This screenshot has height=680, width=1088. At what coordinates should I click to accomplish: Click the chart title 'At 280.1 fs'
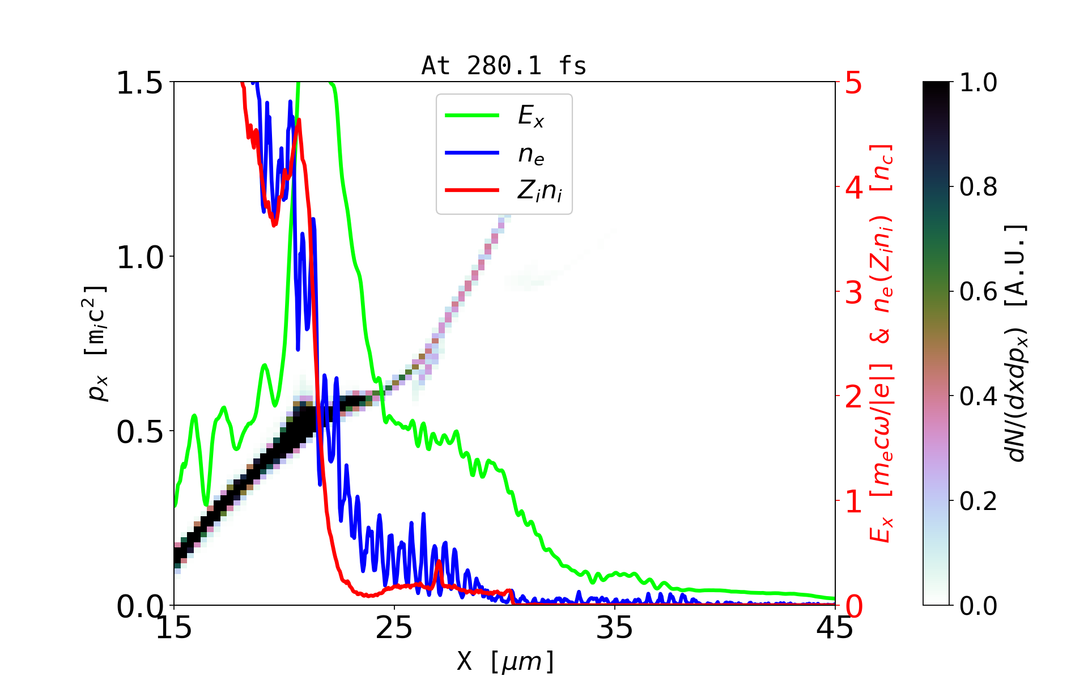point(504,66)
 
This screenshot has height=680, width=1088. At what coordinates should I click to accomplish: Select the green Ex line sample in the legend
point(472,116)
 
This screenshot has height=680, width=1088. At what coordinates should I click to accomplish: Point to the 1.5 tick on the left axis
point(139,83)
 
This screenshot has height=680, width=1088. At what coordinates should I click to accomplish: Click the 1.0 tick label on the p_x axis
point(139,258)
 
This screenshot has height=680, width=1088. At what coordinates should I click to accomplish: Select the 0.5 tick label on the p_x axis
point(139,432)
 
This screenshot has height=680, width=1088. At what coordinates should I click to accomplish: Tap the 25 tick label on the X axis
point(394,628)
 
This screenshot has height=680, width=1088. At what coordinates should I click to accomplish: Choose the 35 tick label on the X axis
point(615,628)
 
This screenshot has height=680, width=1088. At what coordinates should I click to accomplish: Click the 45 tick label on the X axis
point(835,628)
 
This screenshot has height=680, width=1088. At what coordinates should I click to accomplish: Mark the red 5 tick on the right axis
point(854,83)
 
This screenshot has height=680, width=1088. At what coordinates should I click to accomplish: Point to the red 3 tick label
point(854,292)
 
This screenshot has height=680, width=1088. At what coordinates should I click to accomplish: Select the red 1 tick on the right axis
point(854,501)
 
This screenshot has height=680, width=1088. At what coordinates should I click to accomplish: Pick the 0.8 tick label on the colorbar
point(978,187)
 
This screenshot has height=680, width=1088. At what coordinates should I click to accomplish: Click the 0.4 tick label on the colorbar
point(978,397)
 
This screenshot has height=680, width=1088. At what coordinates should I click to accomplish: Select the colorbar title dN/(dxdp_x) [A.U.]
point(1017,343)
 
